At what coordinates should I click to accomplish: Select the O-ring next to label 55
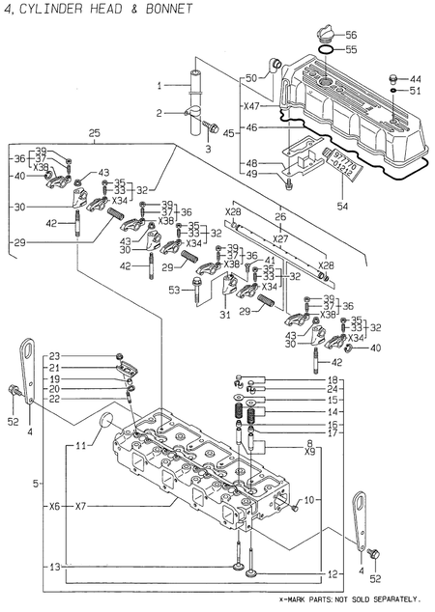pyautogui.click(x=326, y=48)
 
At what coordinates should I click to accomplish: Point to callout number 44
pyautogui.click(x=415, y=78)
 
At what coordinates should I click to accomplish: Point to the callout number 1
pyautogui.click(x=159, y=87)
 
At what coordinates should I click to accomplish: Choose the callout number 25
pyautogui.click(x=94, y=132)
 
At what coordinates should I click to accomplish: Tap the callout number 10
pyautogui.click(x=308, y=500)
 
